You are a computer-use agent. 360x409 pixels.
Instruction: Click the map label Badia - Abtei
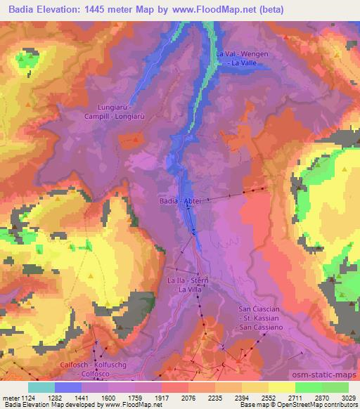[x=185, y=200]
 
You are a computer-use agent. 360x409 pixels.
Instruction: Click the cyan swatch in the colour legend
[x=41, y=387]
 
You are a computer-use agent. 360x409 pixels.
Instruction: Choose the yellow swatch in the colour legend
[x=282, y=387]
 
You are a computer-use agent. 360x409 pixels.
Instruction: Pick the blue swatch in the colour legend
[x=68, y=387]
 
